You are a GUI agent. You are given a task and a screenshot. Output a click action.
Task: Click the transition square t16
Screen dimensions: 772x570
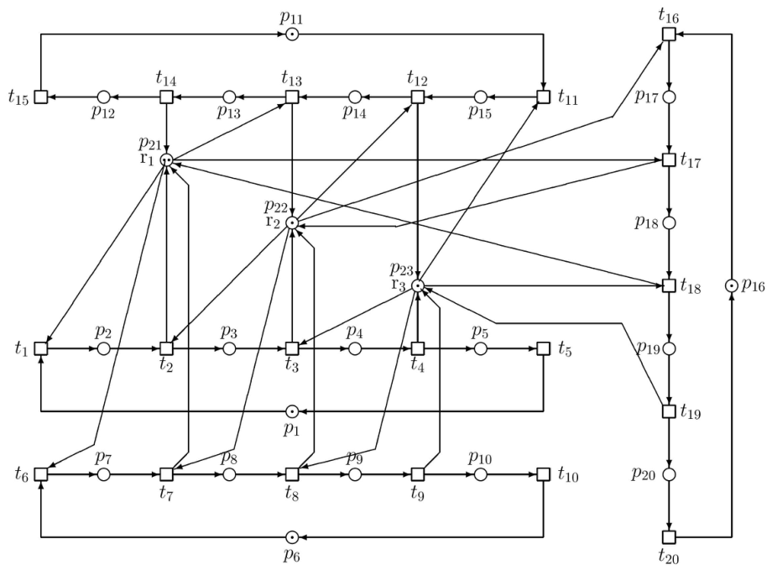coord(669,34)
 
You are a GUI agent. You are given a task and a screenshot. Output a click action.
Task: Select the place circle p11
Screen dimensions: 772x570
coord(292,34)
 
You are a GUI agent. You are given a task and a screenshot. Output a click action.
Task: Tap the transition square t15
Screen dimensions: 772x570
coord(41,97)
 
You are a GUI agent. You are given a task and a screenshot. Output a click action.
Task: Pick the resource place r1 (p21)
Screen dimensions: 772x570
coord(167,159)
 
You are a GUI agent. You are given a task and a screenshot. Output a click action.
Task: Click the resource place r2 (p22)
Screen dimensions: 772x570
coord(292,222)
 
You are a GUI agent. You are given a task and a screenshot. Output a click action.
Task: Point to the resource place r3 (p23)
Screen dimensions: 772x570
coord(418,285)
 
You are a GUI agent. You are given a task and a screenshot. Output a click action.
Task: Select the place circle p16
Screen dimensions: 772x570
coord(732,285)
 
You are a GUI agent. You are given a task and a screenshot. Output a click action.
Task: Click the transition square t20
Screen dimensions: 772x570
coord(669,537)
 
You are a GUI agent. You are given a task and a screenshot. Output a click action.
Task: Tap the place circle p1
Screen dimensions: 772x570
coord(292,411)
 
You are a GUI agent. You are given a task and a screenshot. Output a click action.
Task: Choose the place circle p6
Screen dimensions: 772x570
coord(292,537)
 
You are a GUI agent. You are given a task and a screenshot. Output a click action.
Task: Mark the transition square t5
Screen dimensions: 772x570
coord(543,348)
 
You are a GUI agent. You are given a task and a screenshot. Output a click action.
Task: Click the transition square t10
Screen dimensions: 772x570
coord(543,474)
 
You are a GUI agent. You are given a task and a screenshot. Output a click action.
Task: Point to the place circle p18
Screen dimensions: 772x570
coord(669,222)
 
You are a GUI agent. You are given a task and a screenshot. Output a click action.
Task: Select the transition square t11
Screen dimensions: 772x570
coord(543,97)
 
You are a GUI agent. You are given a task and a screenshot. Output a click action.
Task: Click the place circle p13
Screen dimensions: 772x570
coord(229,97)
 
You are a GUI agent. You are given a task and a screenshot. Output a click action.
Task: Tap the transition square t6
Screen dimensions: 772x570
coord(41,474)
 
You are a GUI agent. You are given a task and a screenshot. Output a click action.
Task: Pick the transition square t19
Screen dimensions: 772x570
coord(669,411)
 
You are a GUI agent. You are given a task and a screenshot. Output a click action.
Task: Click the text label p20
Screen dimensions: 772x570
coord(644,474)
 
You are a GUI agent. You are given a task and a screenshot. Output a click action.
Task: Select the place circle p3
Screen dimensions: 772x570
coord(229,348)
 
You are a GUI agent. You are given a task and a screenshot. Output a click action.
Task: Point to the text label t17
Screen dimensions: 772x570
coord(691,160)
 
